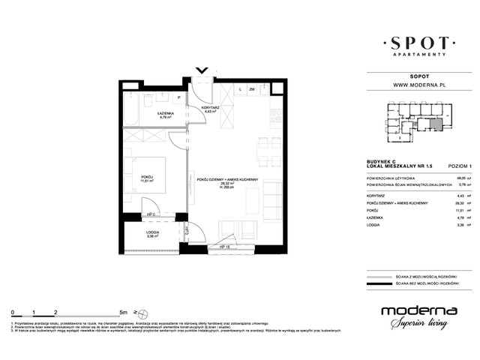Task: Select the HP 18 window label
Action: click(x=223, y=247)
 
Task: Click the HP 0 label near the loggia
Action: click(x=150, y=214)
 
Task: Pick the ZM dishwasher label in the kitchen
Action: click(x=252, y=89)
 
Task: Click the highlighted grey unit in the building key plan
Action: click(x=436, y=124)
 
